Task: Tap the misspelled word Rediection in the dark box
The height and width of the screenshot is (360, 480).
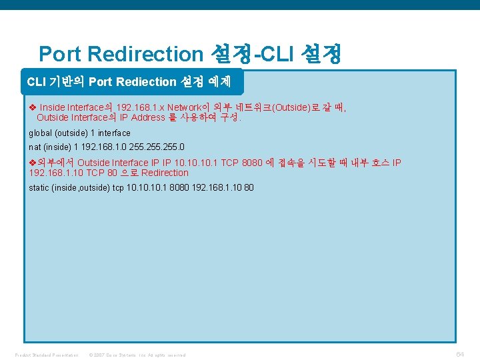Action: pos(145,82)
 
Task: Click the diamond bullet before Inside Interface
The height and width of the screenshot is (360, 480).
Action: pos(32,107)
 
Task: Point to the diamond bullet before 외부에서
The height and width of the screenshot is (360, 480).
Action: pos(32,163)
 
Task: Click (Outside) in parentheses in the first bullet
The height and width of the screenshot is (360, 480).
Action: pos(294,107)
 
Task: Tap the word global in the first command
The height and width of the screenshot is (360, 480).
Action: pos(40,133)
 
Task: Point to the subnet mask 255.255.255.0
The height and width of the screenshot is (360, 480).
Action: pos(160,147)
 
